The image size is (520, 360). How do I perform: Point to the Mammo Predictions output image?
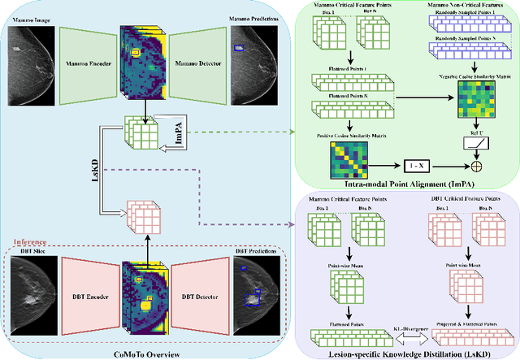click(252, 54)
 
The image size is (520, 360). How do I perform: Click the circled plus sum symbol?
click(477, 165)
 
